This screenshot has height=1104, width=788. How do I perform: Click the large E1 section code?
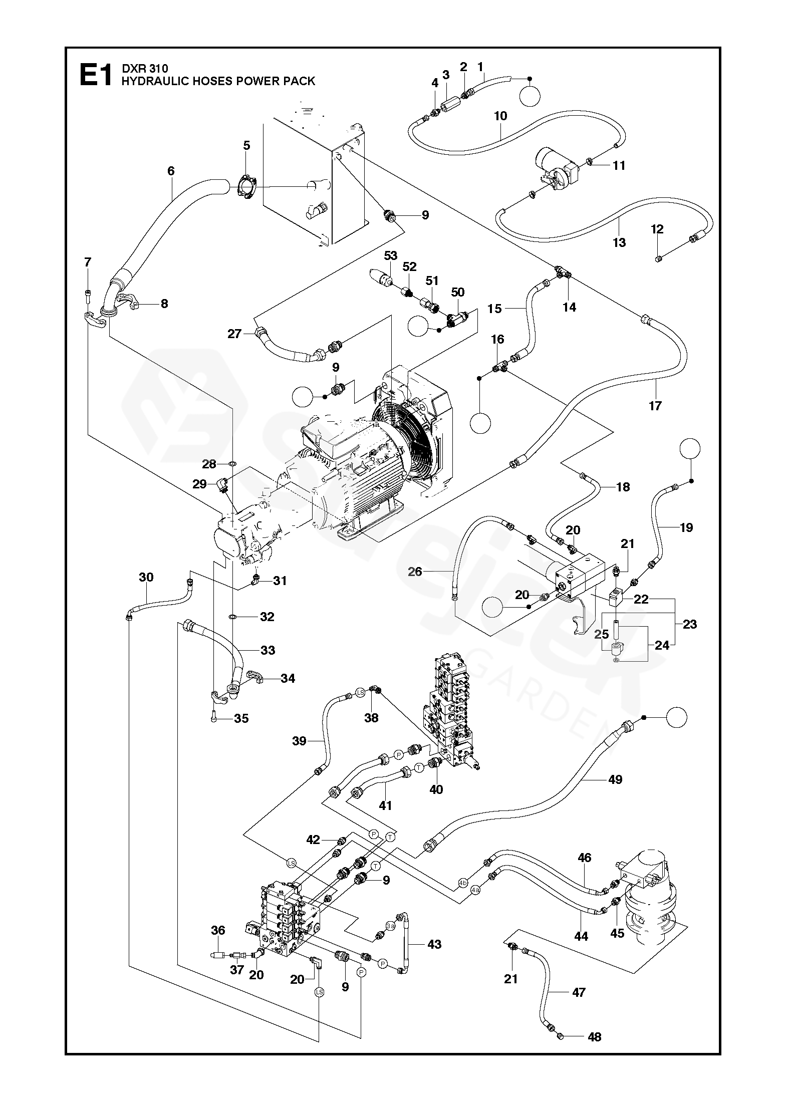coord(95,75)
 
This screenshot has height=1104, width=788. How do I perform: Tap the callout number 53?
coord(391,255)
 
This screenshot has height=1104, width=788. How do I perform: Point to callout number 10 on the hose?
coord(500,116)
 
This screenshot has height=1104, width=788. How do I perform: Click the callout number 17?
coord(655,406)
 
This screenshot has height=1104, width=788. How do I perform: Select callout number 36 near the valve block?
coord(218,930)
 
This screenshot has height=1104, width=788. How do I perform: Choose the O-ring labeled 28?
coord(233,464)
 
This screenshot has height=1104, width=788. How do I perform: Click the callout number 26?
coord(415,571)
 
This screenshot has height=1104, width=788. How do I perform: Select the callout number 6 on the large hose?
coord(171,171)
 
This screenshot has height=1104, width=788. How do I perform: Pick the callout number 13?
coord(620,242)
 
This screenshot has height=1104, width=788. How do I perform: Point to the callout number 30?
coord(146,577)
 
